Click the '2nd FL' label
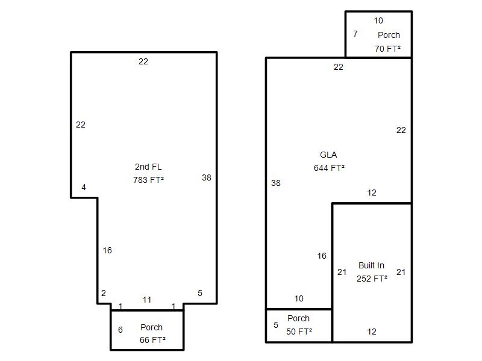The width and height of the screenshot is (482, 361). tap(148, 167)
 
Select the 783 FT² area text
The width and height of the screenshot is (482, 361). tap(148, 179)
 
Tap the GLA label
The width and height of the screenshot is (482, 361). tap(328, 155)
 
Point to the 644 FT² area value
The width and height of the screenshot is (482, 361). tap(329, 168)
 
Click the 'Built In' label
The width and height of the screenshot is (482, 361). tap(371, 265)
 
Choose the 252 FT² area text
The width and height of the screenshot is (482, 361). tap(372, 279)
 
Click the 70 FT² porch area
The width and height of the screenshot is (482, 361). tap(387, 49)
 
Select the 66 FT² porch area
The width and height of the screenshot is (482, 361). tap(153, 340)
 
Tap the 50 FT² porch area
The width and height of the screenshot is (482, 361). tap(299, 332)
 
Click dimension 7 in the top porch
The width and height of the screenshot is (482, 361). tap(355, 34)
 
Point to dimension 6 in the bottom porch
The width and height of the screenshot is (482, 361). tap(120, 330)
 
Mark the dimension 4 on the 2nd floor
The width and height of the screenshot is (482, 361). tap(84, 187)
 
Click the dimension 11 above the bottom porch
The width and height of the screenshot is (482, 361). tap(147, 300)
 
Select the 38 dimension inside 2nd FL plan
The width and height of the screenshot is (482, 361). tap(207, 177)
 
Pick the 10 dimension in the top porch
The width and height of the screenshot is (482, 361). tap(378, 20)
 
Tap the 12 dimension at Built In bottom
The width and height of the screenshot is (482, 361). tap(372, 332)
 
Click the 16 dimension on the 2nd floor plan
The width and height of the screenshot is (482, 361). tap(107, 250)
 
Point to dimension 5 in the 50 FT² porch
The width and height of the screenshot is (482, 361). tap(276, 325)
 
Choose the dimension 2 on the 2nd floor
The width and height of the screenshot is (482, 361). tap(104, 293)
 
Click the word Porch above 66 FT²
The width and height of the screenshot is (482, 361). tap(152, 327)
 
